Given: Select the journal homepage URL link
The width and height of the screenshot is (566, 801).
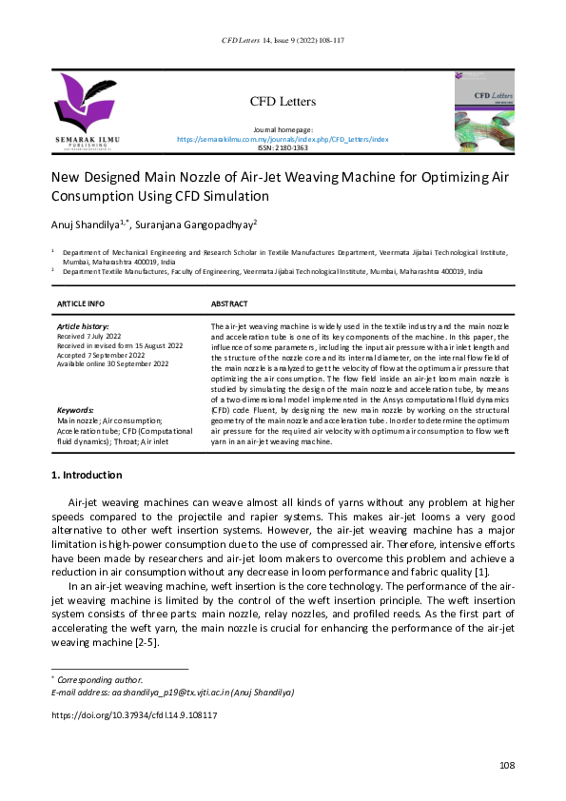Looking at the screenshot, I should pos(283,139).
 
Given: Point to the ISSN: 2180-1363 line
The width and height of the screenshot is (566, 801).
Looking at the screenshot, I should pos(283,148).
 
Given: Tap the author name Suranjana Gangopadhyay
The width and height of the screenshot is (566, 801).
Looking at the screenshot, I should pos(201,225).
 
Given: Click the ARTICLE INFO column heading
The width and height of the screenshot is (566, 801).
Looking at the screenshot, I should pos(81,303).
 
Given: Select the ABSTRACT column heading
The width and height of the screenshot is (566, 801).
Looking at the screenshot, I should pos(229,303).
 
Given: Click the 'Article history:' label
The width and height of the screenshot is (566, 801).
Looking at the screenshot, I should pos(84,326).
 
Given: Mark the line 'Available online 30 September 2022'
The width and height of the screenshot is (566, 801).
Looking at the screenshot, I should pos(112,364).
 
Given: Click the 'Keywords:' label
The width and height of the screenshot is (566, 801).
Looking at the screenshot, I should pos(77,409).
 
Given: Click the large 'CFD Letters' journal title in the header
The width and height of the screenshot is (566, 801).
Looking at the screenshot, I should pos(283,102).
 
